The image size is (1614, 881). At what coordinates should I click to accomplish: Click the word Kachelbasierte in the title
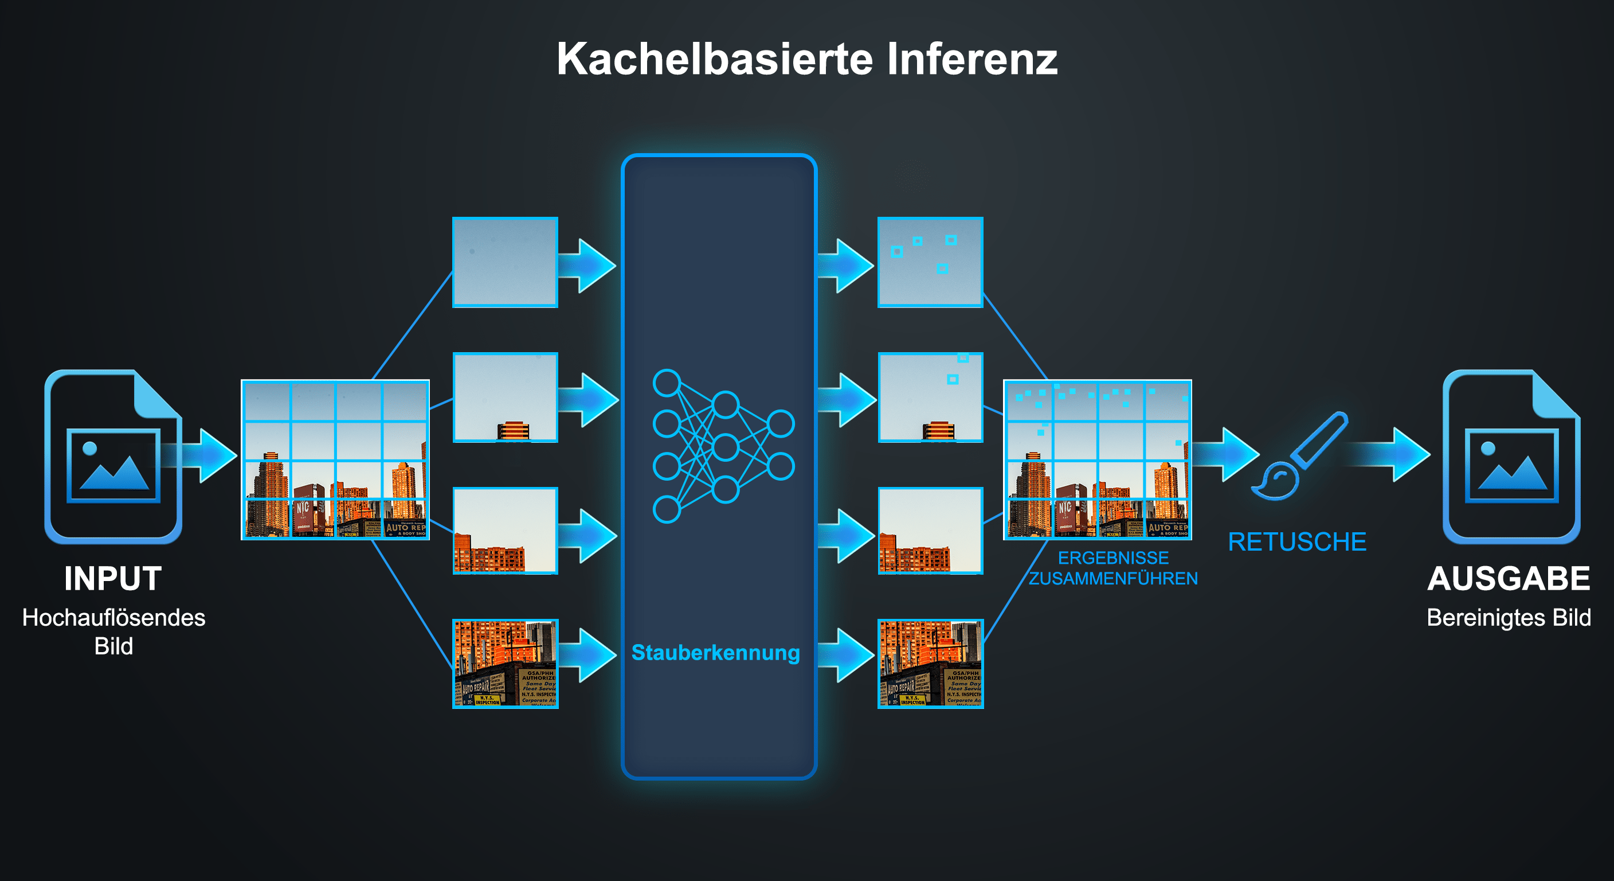tap(714, 60)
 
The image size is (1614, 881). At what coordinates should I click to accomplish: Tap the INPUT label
tap(113, 578)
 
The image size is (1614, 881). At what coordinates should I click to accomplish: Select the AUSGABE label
tap(1508, 578)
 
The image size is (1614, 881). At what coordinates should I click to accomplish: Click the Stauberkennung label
tap(715, 653)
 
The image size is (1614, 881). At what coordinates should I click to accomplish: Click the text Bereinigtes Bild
tap(1508, 618)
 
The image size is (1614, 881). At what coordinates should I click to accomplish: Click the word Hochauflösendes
tap(113, 618)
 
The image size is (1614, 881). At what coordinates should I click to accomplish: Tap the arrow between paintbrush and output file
tap(1394, 454)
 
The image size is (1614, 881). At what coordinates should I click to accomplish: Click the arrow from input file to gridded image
tap(203, 455)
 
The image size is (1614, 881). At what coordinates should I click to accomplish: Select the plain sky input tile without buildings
tap(505, 262)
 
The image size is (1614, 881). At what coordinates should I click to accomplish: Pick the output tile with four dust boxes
tap(930, 262)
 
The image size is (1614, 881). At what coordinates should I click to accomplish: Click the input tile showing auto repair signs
tap(505, 664)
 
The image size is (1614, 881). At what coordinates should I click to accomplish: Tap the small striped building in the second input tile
tap(513, 431)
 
